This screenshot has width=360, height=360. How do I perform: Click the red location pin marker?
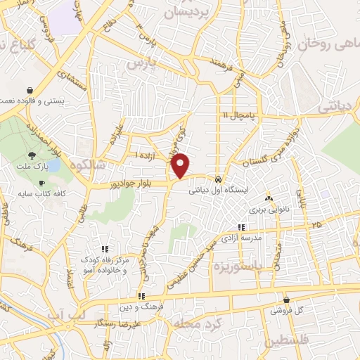[x=181, y=164]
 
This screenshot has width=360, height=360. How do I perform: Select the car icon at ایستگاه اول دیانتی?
[x=219, y=179]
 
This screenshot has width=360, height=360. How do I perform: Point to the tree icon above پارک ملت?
[x=32, y=155]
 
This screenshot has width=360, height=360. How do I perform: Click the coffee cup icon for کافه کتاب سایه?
[x=41, y=182]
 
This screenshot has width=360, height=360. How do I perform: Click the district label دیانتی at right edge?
[x=338, y=108]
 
